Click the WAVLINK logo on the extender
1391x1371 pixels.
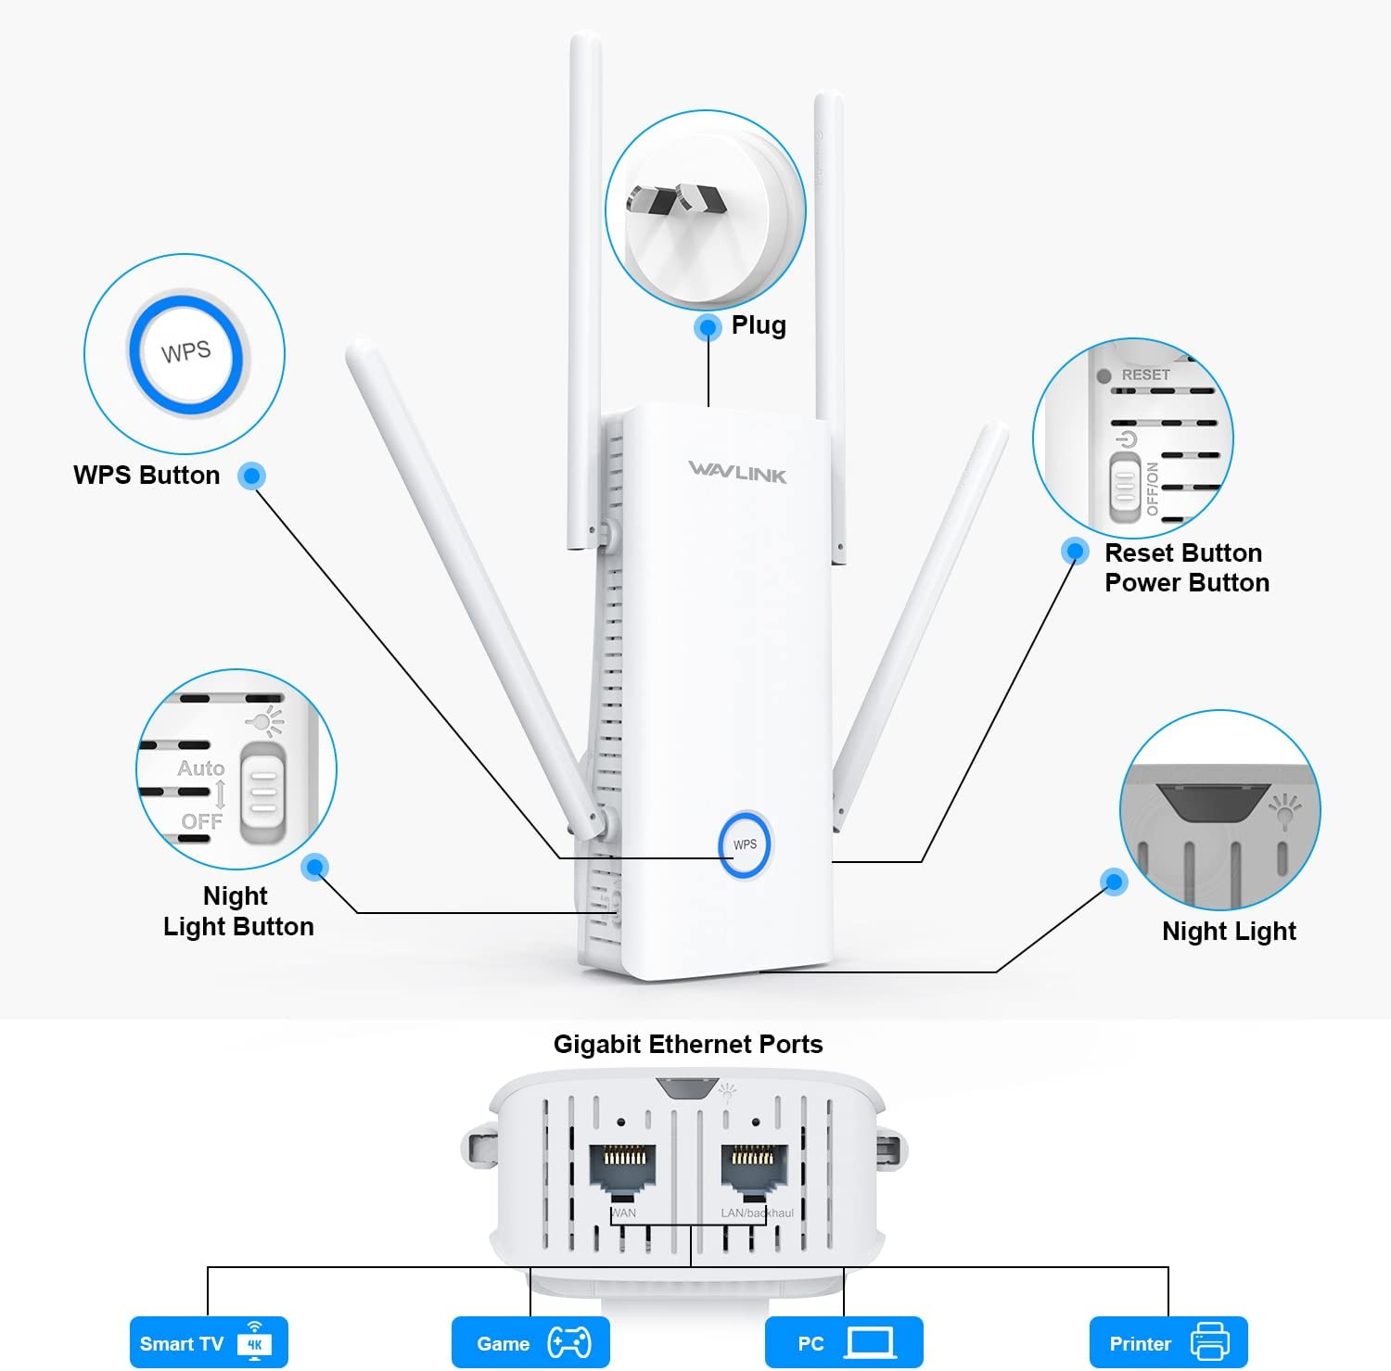coord(737,472)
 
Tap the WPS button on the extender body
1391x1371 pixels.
coord(745,844)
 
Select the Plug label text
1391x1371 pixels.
coord(759,325)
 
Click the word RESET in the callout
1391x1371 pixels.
coord(1145,374)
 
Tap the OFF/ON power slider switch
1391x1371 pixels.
coord(1124,487)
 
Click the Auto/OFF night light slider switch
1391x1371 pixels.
coord(262,792)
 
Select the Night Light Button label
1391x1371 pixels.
coord(238,911)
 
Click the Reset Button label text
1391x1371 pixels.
coord(1183,553)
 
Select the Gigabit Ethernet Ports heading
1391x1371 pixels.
coord(688,1045)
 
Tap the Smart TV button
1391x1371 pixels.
coord(209,1343)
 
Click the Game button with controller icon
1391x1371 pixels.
coord(530,1343)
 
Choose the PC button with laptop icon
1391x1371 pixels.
coord(844,1343)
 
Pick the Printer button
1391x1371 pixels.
coord(1168,1343)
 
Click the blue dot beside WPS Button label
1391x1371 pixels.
coord(251,476)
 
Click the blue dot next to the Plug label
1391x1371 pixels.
coord(708,327)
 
